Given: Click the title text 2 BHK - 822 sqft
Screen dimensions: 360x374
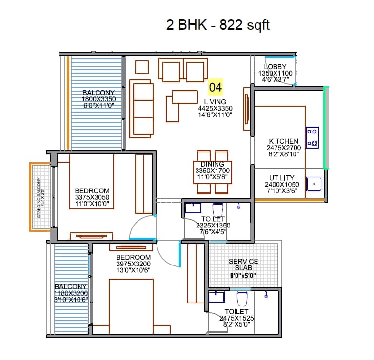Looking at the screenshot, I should (x=218, y=25).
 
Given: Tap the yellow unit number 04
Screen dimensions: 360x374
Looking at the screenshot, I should (x=216, y=87).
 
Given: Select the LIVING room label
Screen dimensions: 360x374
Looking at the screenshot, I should (x=215, y=101).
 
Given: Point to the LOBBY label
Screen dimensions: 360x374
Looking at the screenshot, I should (x=276, y=67).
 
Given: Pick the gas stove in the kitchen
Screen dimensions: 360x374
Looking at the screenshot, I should (x=312, y=137).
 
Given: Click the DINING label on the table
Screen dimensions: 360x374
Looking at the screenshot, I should (x=213, y=165).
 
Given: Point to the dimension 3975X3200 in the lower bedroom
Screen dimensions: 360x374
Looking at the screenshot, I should (x=133, y=264).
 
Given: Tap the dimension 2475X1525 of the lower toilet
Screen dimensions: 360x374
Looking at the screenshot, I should (x=236, y=318).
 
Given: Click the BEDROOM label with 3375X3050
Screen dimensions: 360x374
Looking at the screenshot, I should (x=92, y=190).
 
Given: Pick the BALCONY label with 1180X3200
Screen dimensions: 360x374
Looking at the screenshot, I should (x=71, y=287).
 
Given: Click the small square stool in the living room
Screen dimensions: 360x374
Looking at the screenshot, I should (x=142, y=67).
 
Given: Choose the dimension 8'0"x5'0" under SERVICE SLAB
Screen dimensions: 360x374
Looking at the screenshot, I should (x=243, y=276).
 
